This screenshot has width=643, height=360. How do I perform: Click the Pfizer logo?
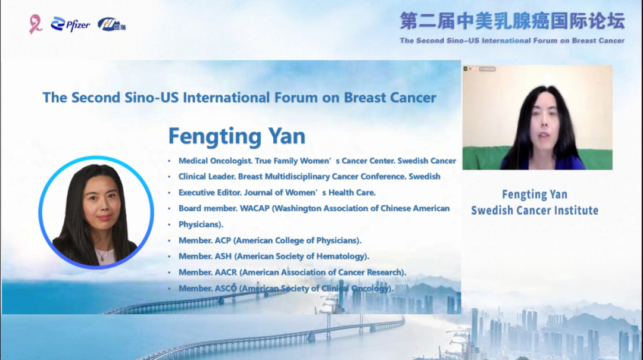tap(70, 24)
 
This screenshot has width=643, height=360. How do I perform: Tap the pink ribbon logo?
tap(35, 24)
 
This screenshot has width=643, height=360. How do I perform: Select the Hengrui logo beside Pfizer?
tap(111, 24)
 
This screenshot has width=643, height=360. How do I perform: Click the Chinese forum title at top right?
tap(512, 21)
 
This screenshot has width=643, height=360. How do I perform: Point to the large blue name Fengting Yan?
tap(236, 136)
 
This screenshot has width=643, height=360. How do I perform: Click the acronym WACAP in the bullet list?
tap(255, 208)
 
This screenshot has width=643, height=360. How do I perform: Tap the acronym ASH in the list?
tap(223, 256)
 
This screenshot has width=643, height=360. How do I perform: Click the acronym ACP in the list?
tap(223, 240)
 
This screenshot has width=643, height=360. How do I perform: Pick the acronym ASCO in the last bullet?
tap(226, 288)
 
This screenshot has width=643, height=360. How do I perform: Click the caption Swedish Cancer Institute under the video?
tap(535, 210)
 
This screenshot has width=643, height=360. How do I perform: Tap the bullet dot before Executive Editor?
tap(169, 193)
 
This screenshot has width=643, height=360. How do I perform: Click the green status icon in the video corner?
tap(466, 69)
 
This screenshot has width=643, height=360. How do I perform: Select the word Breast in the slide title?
tap(363, 98)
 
